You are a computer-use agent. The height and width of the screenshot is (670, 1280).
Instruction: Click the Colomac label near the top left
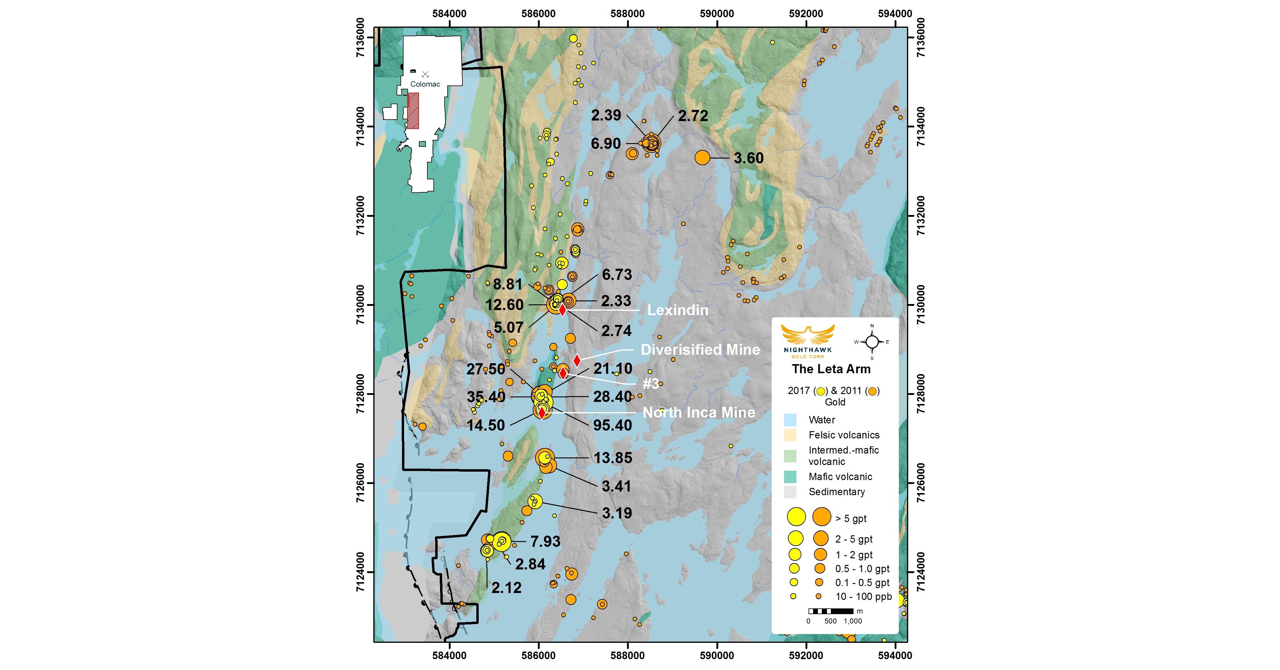pos(425,84)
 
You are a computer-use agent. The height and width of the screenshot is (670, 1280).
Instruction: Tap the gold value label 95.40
pos(612,425)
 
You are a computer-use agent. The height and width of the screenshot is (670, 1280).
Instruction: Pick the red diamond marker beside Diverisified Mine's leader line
pos(576,361)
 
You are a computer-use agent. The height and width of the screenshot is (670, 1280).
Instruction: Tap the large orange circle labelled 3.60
pos(702,157)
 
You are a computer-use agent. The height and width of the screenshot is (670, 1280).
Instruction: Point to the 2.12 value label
pos(506,588)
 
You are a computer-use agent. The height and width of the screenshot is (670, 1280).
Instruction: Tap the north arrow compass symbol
pos(872,342)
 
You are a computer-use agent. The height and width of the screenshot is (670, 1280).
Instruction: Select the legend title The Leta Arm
pos(831,369)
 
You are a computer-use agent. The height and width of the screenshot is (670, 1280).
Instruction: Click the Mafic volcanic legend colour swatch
pos(790,477)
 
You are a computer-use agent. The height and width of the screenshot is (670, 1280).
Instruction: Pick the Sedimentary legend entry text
pos(836,492)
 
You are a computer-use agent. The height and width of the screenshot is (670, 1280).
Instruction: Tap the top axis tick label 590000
pos(716,13)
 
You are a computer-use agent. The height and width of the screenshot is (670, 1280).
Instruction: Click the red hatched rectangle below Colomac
pos(413,110)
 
